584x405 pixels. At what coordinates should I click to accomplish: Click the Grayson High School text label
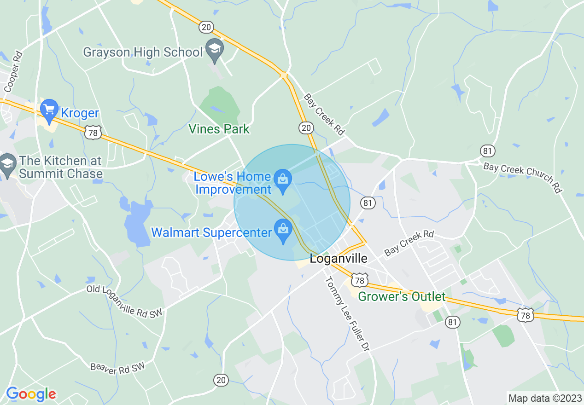pyautogui.click(x=142, y=52)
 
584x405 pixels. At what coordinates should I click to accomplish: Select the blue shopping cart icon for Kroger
pyautogui.click(x=49, y=110)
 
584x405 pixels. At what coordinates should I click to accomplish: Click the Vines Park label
pyautogui.click(x=219, y=129)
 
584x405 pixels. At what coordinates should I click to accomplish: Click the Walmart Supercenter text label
pyautogui.click(x=211, y=232)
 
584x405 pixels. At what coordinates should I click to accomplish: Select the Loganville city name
pyautogui.click(x=339, y=259)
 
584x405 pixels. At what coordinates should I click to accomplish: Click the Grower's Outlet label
pyautogui.click(x=402, y=296)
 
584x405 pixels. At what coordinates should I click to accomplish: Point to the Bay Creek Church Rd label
pyautogui.click(x=523, y=177)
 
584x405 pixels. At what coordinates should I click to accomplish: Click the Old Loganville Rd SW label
pyautogui.click(x=125, y=301)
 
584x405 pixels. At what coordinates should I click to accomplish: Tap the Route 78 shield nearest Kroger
pyautogui.click(x=93, y=133)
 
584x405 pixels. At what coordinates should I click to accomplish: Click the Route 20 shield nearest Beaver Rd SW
pyautogui.click(x=221, y=380)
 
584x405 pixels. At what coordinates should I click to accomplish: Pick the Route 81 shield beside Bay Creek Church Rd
pyautogui.click(x=487, y=150)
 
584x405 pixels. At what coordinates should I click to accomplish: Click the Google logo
pyautogui.click(x=31, y=394)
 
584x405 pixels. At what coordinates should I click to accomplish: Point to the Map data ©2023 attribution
pyautogui.click(x=543, y=398)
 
